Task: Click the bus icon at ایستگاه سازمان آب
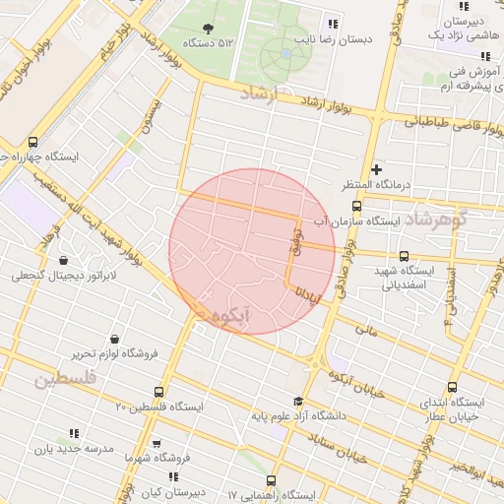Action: [x=356, y=207]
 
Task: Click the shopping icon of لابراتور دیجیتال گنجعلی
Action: [x=64, y=261]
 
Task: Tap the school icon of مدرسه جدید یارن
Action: [x=74, y=433]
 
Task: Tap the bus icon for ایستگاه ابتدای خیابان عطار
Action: [x=452, y=387]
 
